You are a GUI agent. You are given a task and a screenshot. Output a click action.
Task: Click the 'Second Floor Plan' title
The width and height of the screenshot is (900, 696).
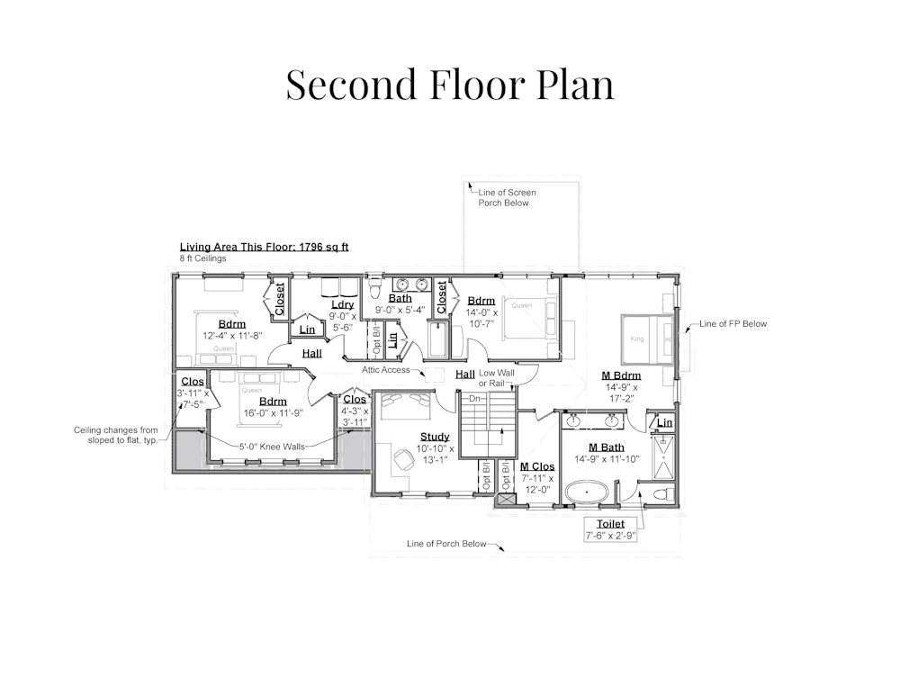(x=450, y=85)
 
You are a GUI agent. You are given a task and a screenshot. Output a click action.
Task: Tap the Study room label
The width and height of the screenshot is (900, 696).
(x=435, y=437)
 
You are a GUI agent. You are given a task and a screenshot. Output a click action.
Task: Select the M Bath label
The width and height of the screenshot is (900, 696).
(x=606, y=447)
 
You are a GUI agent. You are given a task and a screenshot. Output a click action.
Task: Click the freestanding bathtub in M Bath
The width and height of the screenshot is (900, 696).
(x=587, y=493)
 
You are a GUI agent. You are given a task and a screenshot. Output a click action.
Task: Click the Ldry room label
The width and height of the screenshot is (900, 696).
(x=342, y=305)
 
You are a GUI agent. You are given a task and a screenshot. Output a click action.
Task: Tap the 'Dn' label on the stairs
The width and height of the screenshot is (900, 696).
(x=474, y=399)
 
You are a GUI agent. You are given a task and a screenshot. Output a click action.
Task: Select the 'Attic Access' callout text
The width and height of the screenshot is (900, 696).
(x=386, y=370)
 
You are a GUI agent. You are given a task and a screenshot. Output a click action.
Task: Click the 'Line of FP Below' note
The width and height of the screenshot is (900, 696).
(x=733, y=324)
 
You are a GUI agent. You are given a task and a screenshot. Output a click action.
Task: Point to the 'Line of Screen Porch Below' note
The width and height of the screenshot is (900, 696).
(x=507, y=197)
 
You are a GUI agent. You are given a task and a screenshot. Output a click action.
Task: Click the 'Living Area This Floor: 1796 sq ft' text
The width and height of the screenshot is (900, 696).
(x=264, y=247)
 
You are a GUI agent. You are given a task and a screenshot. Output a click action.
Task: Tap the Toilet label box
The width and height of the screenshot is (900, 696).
(x=610, y=529)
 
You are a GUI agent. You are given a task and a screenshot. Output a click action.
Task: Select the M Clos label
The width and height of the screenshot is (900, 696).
(x=537, y=467)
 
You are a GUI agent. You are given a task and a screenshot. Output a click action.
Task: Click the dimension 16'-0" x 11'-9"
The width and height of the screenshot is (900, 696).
(x=274, y=413)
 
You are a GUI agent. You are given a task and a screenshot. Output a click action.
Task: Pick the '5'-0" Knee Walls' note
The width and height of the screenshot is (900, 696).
(x=272, y=447)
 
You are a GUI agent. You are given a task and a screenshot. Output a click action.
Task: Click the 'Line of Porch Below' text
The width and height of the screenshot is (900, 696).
(x=446, y=543)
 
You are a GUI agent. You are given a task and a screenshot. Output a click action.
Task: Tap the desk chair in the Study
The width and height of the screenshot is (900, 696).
(x=403, y=459)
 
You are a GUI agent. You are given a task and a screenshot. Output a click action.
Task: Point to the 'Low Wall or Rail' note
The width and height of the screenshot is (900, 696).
(x=497, y=378)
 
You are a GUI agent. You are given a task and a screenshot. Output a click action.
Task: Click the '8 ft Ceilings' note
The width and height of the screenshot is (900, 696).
(x=202, y=258)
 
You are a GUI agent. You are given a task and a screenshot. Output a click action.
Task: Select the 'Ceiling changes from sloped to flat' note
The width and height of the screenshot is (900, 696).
(x=115, y=435)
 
